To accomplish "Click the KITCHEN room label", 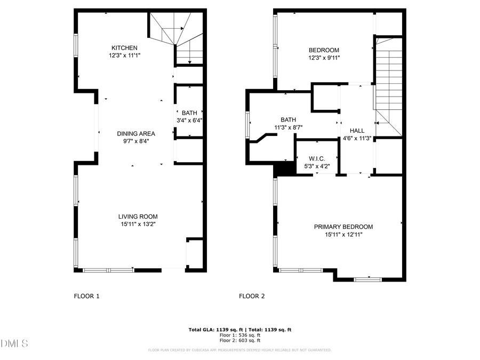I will (124, 48).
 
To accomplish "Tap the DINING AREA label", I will (136, 134).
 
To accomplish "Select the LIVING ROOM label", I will (138, 217).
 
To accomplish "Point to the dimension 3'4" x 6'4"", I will (189, 121).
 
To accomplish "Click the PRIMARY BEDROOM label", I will (343, 227).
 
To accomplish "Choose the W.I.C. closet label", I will (316, 159).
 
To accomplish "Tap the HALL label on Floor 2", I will (357, 131).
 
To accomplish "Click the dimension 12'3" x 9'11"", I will (324, 58).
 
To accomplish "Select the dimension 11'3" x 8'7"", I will (288, 127).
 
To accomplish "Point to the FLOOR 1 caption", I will (86, 296).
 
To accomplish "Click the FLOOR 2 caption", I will (252, 296).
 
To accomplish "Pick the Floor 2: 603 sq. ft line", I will (240, 340).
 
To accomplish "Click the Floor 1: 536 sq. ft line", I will (240, 335).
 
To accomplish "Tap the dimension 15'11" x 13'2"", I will (138, 225).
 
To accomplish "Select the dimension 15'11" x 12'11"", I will (343, 235).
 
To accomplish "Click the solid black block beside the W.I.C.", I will (285, 169).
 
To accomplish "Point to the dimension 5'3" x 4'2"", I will (316, 166).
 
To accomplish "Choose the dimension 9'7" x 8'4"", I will (136, 141).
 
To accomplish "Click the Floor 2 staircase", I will (389, 85).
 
